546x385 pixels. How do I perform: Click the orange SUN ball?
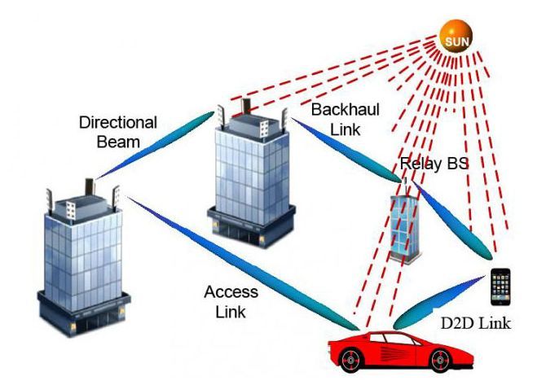456,37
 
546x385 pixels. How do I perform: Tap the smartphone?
500,287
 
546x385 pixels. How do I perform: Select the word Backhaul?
345,110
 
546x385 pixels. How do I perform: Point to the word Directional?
118,122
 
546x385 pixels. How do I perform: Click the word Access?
231,291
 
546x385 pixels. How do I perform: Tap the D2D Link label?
476,323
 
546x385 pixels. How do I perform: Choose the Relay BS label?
434,163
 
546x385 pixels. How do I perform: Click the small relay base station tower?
404,222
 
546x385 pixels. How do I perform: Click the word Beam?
118,142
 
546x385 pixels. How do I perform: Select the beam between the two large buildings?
155,145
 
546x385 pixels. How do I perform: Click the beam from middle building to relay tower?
346,151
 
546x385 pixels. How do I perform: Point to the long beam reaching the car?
243,264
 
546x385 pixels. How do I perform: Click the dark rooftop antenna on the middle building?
247,107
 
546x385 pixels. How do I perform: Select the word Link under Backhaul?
345,129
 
